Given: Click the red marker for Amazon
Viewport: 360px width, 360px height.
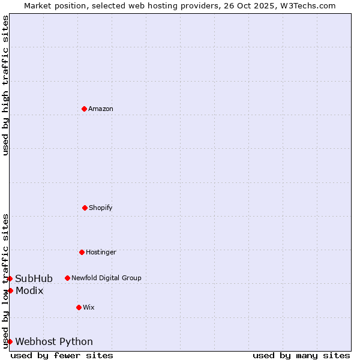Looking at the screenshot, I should pyautogui.click(x=84, y=109).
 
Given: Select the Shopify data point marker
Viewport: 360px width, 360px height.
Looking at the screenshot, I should pyautogui.click(x=85, y=208).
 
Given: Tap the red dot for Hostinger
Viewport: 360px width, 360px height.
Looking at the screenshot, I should pyautogui.click(x=82, y=252).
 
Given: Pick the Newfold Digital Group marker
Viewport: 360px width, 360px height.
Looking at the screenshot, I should pyautogui.click(x=67, y=278).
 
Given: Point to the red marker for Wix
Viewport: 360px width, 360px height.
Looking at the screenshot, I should pyautogui.click(x=79, y=307).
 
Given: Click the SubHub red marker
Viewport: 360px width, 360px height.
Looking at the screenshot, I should pyautogui.click(x=10, y=278).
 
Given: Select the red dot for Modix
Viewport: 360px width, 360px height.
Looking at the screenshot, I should pyautogui.click(x=10, y=290).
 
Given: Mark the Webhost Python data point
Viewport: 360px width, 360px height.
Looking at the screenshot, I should pyautogui.click(x=10, y=341).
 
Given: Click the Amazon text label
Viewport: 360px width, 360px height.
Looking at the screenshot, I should pyautogui.click(x=101, y=109).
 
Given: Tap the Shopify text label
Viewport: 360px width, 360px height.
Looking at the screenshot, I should pyautogui.click(x=101, y=208).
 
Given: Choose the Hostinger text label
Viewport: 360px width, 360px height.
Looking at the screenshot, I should pyautogui.click(x=101, y=252).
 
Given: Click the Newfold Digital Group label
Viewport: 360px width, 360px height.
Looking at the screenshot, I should pyautogui.click(x=106, y=278).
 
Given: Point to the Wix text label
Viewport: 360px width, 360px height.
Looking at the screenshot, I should pyautogui.click(x=89, y=307).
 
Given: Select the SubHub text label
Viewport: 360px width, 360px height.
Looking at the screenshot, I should pyautogui.click(x=34, y=278).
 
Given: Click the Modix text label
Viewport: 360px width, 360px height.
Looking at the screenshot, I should pyautogui.click(x=29, y=290).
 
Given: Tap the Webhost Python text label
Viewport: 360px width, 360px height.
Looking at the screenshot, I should pyautogui.click(x=54, y=341).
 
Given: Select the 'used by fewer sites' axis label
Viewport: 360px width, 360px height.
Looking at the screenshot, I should pyautogui.click(x=62, y=355).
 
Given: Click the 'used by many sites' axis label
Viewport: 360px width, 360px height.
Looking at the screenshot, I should pyautogui.click(x=301, y=355).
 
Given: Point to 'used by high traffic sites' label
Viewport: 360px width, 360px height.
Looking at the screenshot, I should pyautogui.click(x=5, y=85).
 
